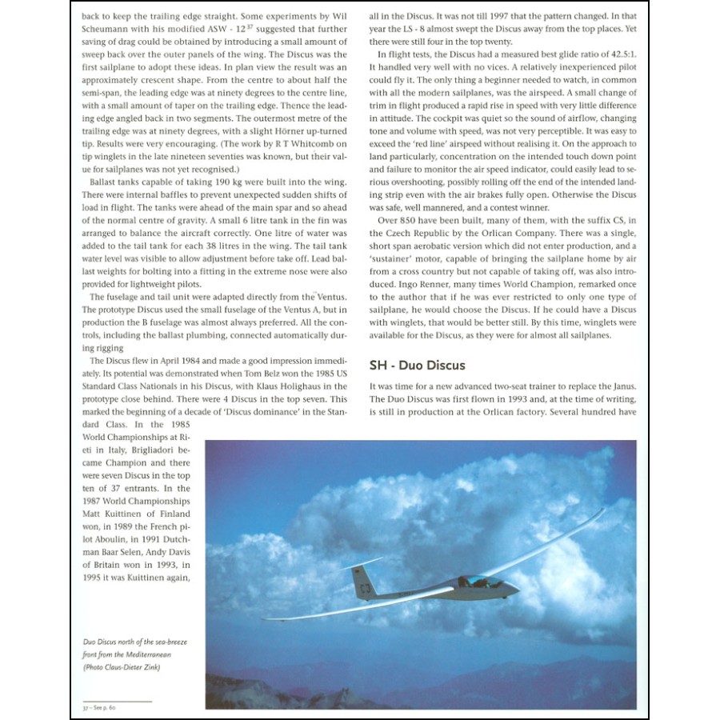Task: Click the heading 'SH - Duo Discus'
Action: point(417,365)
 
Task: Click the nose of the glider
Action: point(516,590)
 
